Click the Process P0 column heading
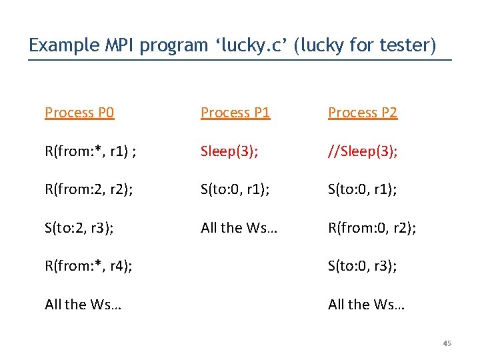tap(79, 113)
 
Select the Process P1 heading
tap(235, 113)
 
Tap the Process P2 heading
tap(363, 113)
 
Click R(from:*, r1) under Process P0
tap(91, 151)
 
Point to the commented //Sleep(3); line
tap(363, 151)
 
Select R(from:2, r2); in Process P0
tap(89, 189)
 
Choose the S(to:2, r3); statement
tap(79, 228)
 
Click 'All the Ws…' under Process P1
tap(239, 228)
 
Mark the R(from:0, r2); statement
tap(372, 228)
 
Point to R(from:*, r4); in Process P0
tap(88, 266)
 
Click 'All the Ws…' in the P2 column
tap(366, 305)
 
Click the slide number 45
tap(447, 343)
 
